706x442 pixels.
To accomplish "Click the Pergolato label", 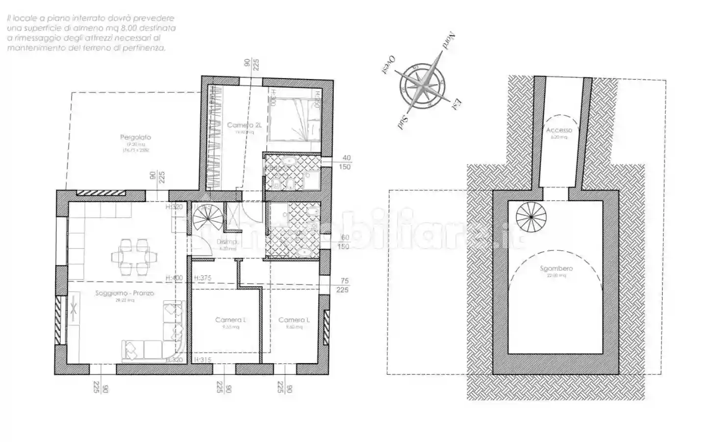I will [136, 137].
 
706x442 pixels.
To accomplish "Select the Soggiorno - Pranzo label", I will [125, 293].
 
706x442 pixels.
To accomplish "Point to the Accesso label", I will [559, 130].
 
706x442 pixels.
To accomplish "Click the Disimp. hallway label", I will [227, 242].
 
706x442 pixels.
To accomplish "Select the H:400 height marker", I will [174, 278].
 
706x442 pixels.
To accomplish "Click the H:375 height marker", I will [202, 278].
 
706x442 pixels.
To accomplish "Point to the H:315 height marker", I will [202, 360].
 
